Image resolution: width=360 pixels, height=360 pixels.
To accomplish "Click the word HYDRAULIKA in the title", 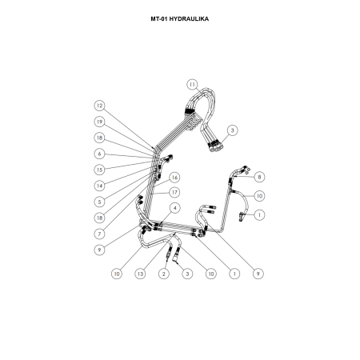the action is coord(189,19).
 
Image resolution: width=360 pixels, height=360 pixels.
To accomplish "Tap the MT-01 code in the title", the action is coord(159,19).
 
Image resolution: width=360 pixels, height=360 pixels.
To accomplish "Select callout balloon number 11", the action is coord(192,85).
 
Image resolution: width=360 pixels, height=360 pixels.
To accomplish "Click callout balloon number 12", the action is coord(99,106).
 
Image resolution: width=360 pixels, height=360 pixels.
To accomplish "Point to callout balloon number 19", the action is coord(99,122).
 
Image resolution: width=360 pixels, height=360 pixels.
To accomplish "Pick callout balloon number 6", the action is coord(99,154).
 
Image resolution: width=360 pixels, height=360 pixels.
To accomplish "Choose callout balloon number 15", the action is coord(99,170).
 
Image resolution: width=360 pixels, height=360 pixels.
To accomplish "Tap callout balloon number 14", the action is coord(99,186).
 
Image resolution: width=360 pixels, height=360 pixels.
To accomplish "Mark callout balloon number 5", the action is coord(99,202).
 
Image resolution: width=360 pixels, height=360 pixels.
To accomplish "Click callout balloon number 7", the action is coord(99,234).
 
